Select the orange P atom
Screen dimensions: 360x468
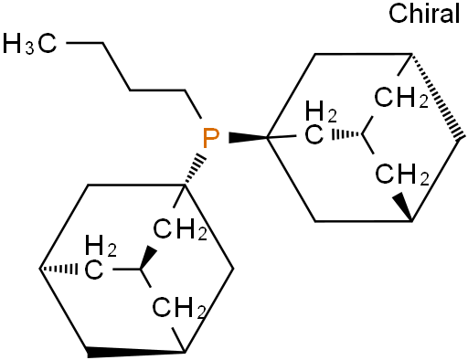click(x=210, y=139)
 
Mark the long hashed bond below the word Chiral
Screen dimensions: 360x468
click(x=435, y=97)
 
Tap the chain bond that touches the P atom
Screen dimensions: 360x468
click(x=195, y=111)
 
